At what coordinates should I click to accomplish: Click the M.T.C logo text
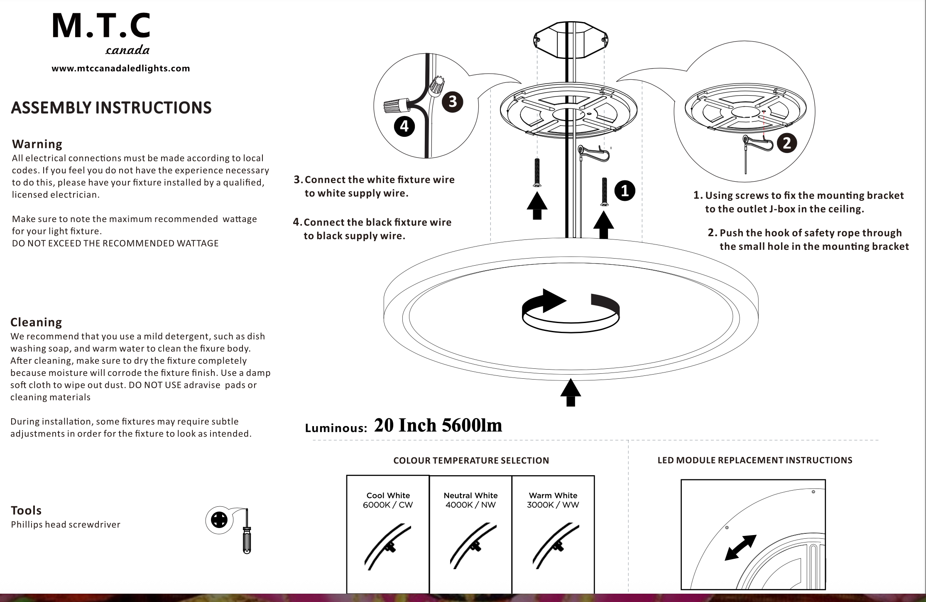101,27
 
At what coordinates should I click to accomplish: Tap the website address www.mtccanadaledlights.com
120,69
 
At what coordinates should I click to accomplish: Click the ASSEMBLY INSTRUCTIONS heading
111,108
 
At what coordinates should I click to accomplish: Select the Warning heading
37,144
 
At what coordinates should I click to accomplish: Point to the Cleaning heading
36,322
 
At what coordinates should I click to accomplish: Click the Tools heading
26,511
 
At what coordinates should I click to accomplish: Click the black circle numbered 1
625,190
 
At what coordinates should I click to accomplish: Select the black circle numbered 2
786,143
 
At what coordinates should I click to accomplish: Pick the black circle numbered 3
452,102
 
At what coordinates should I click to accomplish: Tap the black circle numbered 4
404,126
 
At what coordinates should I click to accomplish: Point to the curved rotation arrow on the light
571,311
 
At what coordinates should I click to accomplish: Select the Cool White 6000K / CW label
388,500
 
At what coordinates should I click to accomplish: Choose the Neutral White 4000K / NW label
470,500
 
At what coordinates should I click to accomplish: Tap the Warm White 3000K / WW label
553,500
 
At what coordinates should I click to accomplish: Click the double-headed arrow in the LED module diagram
740,547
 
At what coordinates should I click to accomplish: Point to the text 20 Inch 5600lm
438,425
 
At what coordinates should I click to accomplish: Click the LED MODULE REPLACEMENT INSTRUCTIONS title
755,460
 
